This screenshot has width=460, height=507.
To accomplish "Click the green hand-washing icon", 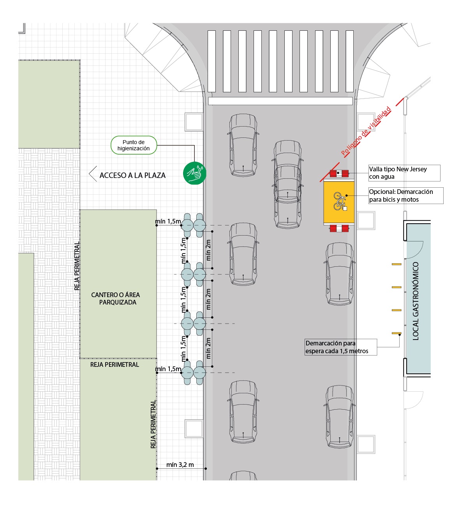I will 194,173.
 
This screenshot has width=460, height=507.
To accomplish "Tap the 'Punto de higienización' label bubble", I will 134,145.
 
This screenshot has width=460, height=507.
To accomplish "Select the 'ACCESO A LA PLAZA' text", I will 132,175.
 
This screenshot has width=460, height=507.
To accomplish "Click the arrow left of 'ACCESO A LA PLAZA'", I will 93,174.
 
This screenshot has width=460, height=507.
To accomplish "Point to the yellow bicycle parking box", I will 339,201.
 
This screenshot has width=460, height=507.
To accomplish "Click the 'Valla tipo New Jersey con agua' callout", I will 404,173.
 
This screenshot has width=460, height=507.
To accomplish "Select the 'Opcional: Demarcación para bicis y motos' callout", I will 405,195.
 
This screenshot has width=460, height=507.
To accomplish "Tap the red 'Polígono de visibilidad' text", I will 366,131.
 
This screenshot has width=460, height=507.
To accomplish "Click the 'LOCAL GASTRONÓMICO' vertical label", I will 416,301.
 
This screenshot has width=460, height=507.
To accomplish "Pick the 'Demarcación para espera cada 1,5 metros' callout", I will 340,347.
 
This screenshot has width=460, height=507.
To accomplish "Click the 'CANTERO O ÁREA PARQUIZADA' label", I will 116,299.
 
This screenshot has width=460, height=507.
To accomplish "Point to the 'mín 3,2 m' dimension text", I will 180,465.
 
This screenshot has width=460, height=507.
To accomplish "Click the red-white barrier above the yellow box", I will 339,174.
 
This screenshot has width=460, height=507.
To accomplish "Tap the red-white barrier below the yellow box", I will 339,228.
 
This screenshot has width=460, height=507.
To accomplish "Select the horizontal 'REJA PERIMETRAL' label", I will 115,364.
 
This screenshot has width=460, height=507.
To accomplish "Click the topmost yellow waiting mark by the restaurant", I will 397,264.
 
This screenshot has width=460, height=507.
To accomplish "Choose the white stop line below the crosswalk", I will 280,101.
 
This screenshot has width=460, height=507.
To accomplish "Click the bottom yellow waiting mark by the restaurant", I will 397,333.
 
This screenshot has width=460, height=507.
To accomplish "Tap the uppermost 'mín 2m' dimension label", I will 208,250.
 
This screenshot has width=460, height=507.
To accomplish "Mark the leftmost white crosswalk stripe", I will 211,61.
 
